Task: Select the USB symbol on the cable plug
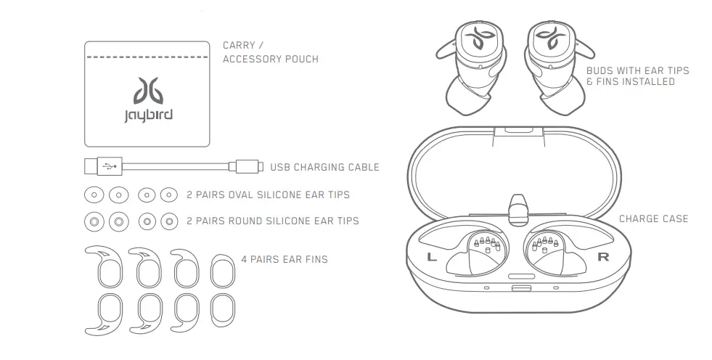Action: pyautogui.click(x=108, y=166)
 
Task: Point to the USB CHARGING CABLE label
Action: pyautogui.click(x=324, y=167)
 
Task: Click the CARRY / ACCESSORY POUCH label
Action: pyautogui.click(x=270, y=52)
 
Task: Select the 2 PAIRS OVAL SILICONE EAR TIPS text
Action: pyautogui.click(x=268, y=195)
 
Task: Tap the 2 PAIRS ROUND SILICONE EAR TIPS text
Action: pyautogui.click(x=272, y=220)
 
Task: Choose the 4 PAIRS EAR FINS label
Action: pyautogui.click(x=284, y=259)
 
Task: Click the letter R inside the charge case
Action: pyautogui.click(x=602, y=257)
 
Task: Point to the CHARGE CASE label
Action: pyautogui.click(x=653, y=218)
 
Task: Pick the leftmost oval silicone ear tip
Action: pyautogui.click(x=94, y=195)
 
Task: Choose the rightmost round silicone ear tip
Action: pyautogui.click(x=168, y=220)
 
